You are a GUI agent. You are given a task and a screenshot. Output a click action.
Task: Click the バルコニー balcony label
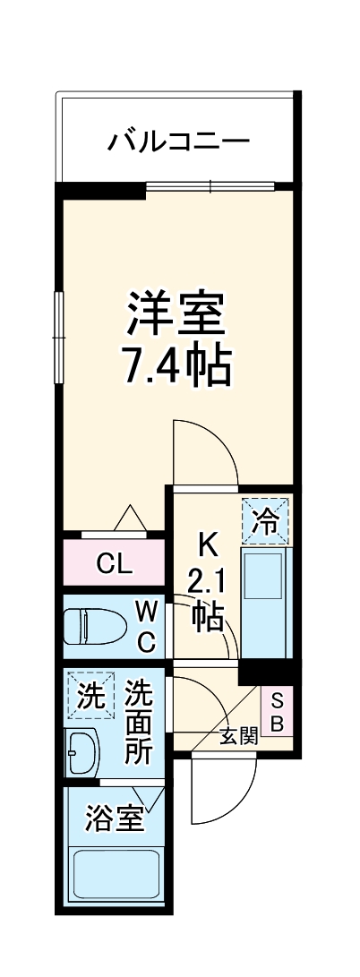178,141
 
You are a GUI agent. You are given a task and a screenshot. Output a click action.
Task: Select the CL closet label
115,564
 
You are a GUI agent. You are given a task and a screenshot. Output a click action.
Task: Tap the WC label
147,627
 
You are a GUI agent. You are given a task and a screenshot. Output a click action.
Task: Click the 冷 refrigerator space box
265,521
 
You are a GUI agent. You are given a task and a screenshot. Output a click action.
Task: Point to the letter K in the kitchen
207,544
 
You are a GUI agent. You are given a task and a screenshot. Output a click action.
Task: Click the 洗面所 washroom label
139,722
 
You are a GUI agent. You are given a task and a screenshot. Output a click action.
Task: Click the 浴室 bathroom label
115,818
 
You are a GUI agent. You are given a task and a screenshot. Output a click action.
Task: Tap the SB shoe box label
277,711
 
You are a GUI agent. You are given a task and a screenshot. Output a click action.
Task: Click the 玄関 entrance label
239,737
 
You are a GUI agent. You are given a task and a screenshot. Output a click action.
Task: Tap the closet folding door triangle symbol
131,519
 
